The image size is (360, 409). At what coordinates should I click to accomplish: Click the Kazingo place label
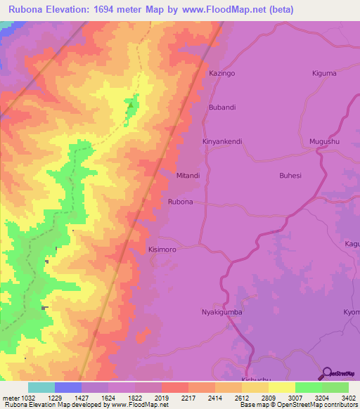[222, 73]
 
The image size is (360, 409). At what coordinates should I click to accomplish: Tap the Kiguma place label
[324, 73]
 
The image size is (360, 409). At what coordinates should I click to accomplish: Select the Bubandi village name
[222, 108]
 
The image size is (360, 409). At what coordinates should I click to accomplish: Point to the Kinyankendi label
[222, 141]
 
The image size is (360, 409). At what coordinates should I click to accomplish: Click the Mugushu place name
[324, 141]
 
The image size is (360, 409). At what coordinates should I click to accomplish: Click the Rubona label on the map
[181, 202]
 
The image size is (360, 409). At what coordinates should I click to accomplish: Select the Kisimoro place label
[163, 249]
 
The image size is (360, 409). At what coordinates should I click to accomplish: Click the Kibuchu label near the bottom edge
[255, 380]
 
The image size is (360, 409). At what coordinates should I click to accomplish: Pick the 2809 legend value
[269, 398]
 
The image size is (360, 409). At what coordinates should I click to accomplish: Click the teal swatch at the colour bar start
[41, 387]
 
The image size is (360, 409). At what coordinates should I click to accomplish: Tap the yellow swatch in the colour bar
[282, 387]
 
